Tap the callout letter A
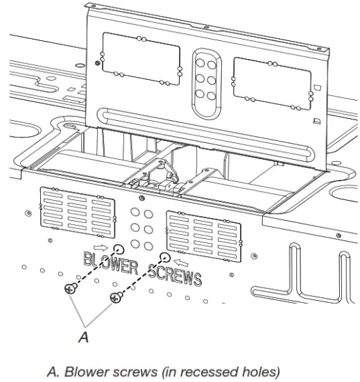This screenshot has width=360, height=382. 84,336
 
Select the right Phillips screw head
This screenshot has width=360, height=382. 114,297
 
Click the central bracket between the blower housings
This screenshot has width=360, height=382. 164,180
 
